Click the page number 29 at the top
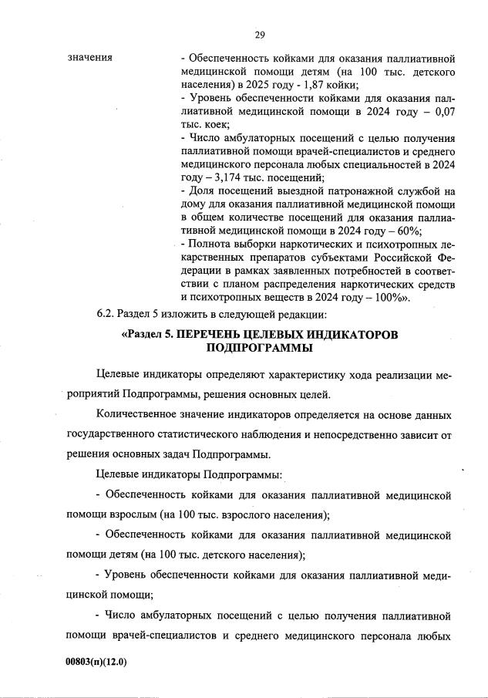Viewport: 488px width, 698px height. [260, 34]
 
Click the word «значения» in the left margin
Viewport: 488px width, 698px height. [90, 57]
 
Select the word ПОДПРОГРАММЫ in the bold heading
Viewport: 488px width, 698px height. [260, 348]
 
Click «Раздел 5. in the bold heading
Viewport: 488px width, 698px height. [152, 334]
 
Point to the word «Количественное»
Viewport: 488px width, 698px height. [138, 414]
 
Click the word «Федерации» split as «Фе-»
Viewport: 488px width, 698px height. [445, 258]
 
